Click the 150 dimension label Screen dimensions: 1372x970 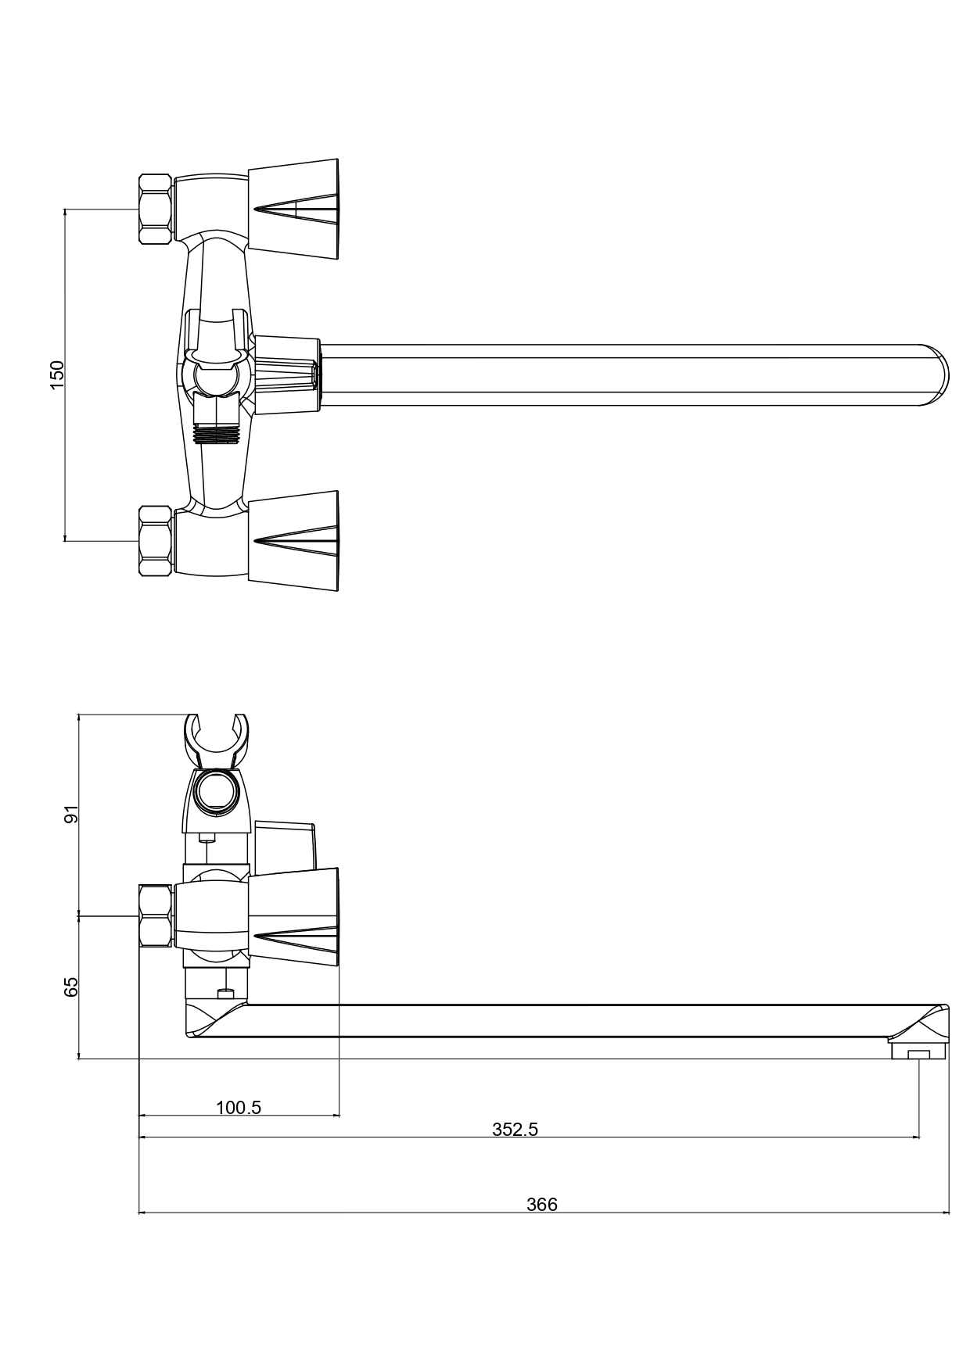pyautogui.click(x=57, y=375)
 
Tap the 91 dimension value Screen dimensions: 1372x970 pyautogui.click(x=71, y=814)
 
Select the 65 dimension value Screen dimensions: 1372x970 pyautogui.click(x=71, y=987)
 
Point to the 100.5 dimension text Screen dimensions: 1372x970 pyautogui.click(x=239, y=1107)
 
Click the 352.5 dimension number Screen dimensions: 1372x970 pyautogui.click(x=515, y=1129)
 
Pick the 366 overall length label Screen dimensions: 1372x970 pyautogui.click(x=541, y=1205)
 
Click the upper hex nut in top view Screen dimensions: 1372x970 pyautogui.click(x=155, y=210)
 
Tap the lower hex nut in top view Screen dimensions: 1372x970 pyautogui.click(x=155, y=541)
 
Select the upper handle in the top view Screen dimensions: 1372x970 pyautogui.click(x=293, y=209)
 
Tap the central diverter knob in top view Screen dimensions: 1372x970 pyautogui.click(x=286, y=375)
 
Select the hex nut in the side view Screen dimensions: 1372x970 pyautogui.click(x=155, y=915)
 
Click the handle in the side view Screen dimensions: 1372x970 pyautogui.click(x=293, y=915)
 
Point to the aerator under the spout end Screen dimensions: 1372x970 pyautogui.click(x=918, y=1049)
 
